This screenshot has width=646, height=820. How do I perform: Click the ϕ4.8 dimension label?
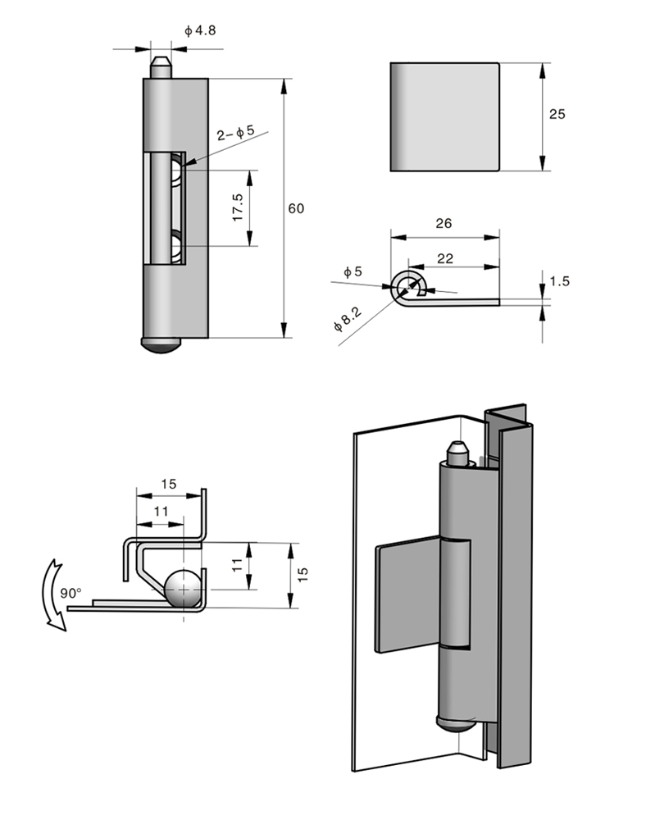click(200, 30)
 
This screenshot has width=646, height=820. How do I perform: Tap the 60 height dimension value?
click(296, 208)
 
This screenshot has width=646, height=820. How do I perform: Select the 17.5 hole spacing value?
click(238, 207)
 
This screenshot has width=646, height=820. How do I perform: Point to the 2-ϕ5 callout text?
click(236, 133)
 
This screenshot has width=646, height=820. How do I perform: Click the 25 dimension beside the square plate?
click(557, 114)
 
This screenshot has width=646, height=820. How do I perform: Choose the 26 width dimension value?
click(444, 223)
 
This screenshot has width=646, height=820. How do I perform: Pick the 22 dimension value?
click(445, 258)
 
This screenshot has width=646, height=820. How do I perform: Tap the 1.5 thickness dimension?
click(559, 280)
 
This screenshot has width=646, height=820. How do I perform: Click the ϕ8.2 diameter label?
click(348, 319)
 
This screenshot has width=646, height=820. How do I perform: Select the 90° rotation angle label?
click(71, 593)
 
